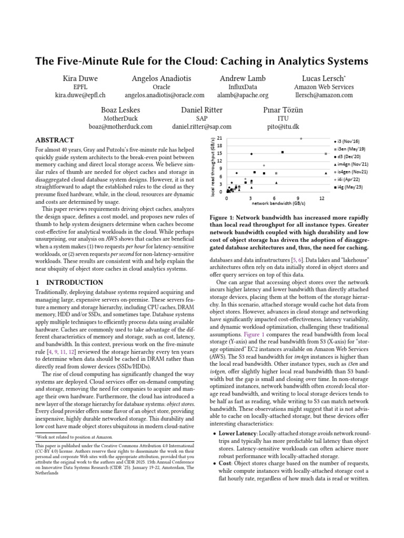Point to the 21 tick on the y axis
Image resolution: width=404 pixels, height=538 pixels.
[220, 138]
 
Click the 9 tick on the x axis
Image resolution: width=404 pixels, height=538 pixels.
[298, 199]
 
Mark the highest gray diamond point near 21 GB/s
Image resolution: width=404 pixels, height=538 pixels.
[301, 139]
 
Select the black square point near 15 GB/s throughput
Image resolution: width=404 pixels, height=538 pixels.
[282, 152]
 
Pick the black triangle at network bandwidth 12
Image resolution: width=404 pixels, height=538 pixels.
[326, 173]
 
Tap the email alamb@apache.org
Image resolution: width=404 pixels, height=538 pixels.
[243, 96]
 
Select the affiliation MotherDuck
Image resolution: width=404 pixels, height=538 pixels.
[120, 118]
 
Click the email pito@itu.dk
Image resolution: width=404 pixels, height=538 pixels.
[284, 127]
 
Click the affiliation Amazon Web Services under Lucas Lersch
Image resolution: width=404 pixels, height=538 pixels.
[324, 87]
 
